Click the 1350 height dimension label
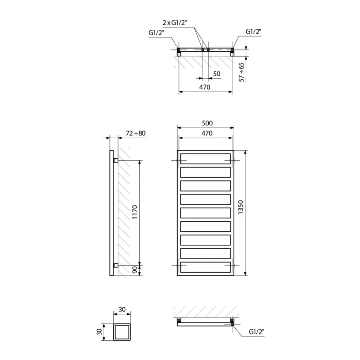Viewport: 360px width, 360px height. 240,207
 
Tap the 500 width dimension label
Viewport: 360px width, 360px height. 207,123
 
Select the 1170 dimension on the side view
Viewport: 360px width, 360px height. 135,212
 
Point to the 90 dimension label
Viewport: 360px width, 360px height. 135,270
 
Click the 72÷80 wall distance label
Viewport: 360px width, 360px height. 136,133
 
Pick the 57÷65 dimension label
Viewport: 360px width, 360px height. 241,72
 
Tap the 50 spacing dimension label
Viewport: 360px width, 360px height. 217,74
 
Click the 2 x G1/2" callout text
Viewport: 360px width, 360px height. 175,23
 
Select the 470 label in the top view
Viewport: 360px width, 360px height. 204,87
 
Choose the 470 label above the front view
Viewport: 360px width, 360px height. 207,133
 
